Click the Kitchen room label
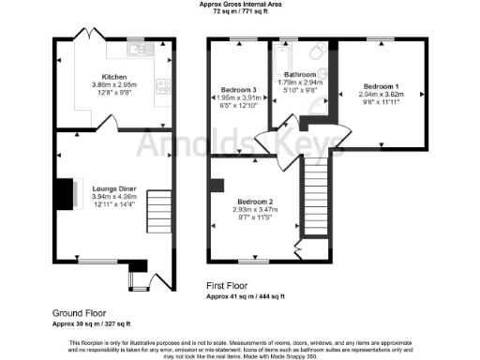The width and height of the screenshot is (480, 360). [x=114, y=76]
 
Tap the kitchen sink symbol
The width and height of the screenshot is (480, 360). [x=137, y=48]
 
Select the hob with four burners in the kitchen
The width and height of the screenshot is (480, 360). [x=163, y=83]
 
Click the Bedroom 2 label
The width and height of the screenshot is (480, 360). [x=255, y=202]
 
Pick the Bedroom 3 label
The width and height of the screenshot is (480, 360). [x=241, y=89]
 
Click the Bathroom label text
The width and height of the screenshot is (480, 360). [x=300, y=74]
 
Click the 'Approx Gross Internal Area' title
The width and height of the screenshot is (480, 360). [x=240, y=5]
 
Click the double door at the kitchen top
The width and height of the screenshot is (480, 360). [x=83, y=37]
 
